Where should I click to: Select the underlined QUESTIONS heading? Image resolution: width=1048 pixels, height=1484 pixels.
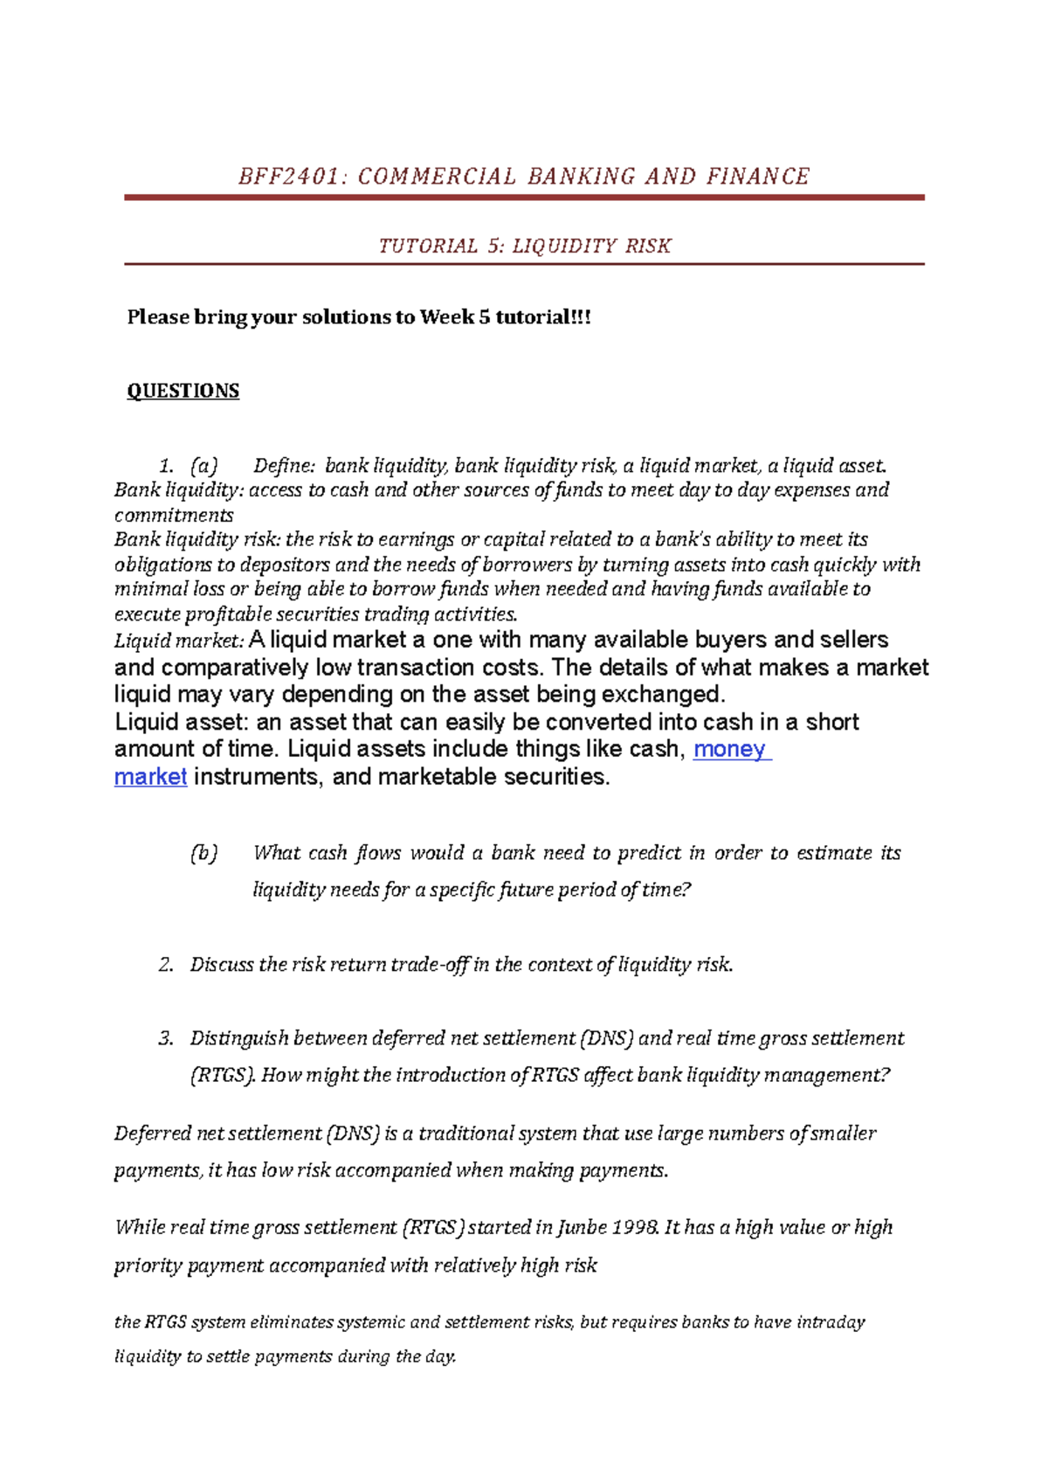pyautogui.click(x=183, y=391)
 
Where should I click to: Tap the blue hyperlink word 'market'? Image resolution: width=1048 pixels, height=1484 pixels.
pyautogui.click(x=150, y=777)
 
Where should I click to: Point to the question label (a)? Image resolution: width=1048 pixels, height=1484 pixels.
pyautogui.click(x=203, y=465)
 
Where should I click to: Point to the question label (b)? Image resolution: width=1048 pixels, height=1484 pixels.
pyautogui.click(x=203, y=853)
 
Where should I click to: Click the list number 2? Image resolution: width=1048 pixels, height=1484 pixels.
pyautogui.click(x=166, y=965)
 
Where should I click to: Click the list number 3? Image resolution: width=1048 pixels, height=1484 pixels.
pyautogui.click(x=166, y=1038)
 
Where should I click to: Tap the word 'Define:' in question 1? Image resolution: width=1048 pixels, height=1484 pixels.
pyautogui.click(x=285, y=465)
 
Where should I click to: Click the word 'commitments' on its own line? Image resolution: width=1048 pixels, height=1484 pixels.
pyautogui.click(x=174, y=515)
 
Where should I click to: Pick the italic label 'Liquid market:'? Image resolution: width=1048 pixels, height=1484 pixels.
pyautogui.click(x=179, y=641)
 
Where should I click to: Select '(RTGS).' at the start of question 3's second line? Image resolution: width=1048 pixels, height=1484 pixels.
pyautogui.click(x=222, y=1075)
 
